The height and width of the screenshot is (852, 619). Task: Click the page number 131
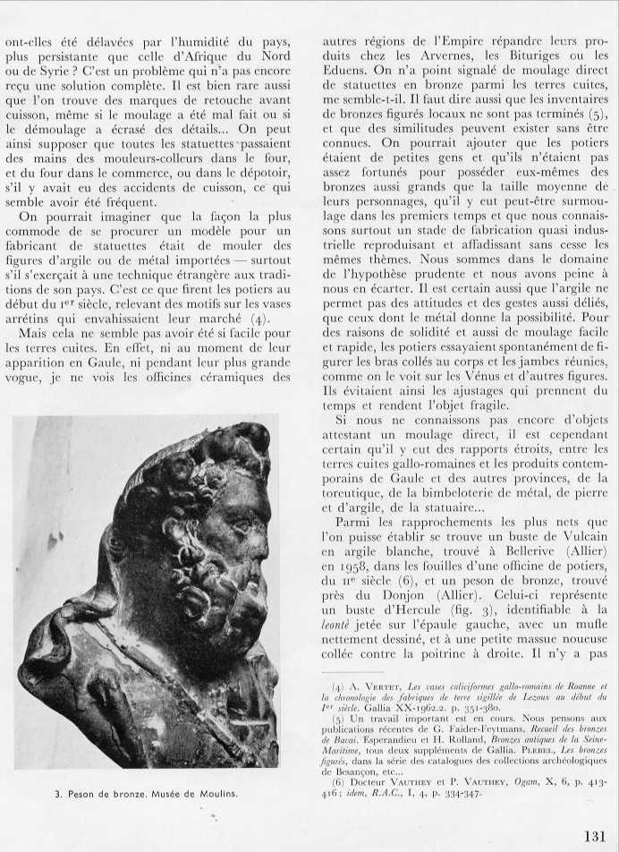(x=594, y=836)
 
